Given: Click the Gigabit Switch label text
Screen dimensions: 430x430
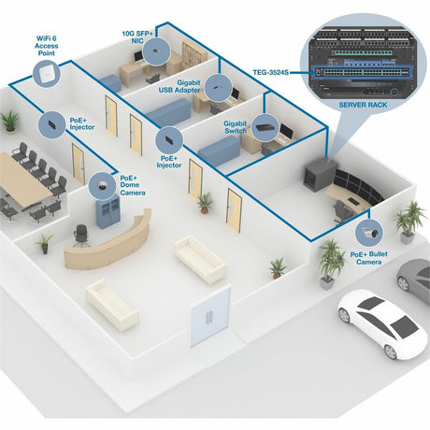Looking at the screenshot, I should pos(235,128).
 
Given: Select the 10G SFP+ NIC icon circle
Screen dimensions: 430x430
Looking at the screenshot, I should pos(163,49).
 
